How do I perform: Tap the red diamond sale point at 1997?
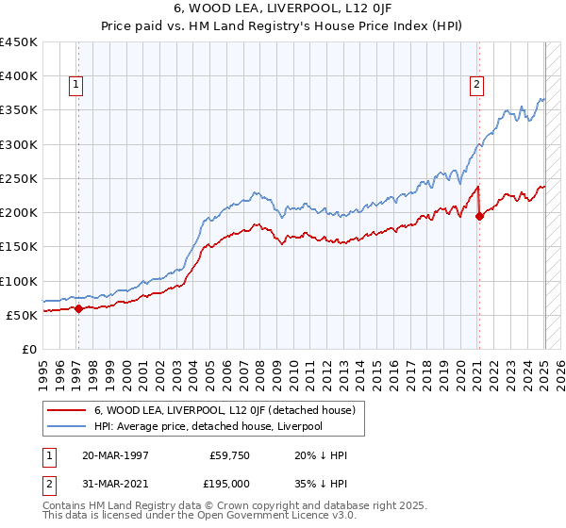coord(78,308)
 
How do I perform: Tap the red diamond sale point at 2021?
coord(479,216)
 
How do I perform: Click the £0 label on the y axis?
coord(29,349)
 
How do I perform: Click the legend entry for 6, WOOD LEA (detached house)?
coord(224,410)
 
